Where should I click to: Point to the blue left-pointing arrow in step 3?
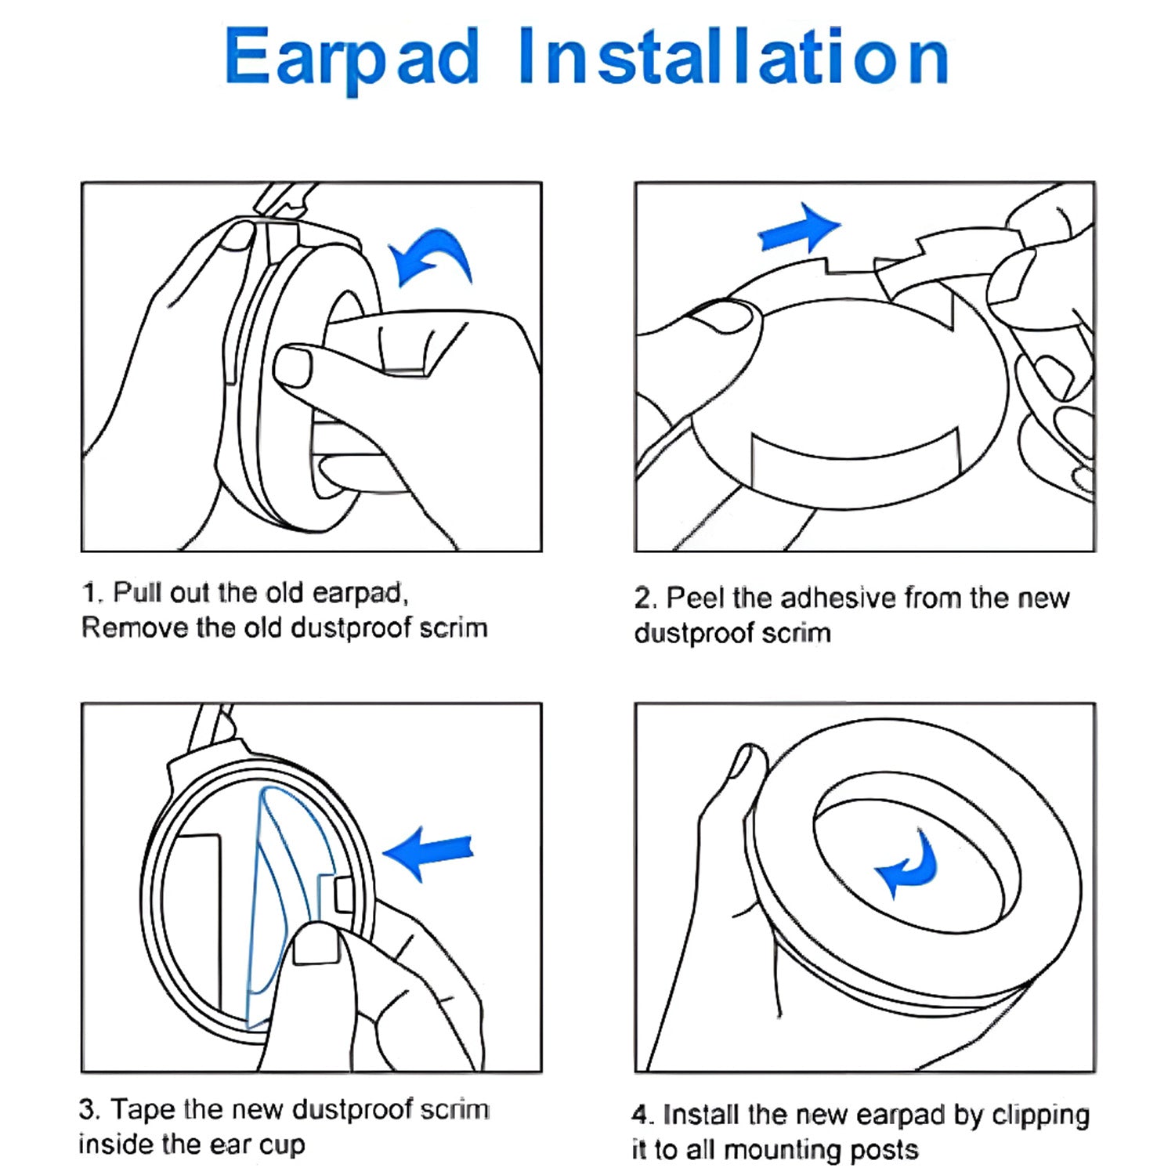[428, 853]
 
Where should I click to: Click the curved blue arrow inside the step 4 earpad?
[909, 864]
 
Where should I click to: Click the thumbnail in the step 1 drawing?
[293, 367]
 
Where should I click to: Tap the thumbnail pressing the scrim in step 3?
[315, 944]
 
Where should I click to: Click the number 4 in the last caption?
[641, 1114]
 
